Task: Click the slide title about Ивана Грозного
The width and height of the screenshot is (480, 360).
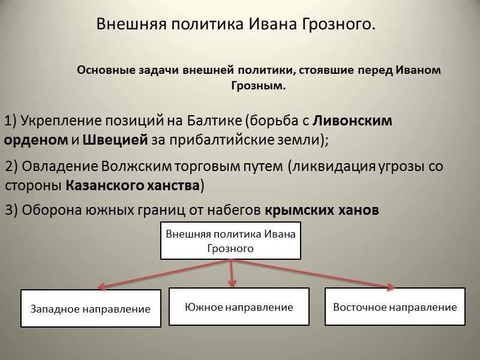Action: [236, 25]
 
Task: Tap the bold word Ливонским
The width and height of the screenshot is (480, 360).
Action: [353, 121]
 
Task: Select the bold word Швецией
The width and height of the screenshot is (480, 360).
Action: [114, 140]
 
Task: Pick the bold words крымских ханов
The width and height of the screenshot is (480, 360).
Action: [322, 211]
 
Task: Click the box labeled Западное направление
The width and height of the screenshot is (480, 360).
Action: [91, 309]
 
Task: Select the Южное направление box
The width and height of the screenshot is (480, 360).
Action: [239, 307]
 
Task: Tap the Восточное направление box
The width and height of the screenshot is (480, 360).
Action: [395, 307]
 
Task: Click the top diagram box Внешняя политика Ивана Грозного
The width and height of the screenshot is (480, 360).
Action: [231, 241]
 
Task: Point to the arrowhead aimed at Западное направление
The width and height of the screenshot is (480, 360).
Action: [104, 286]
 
